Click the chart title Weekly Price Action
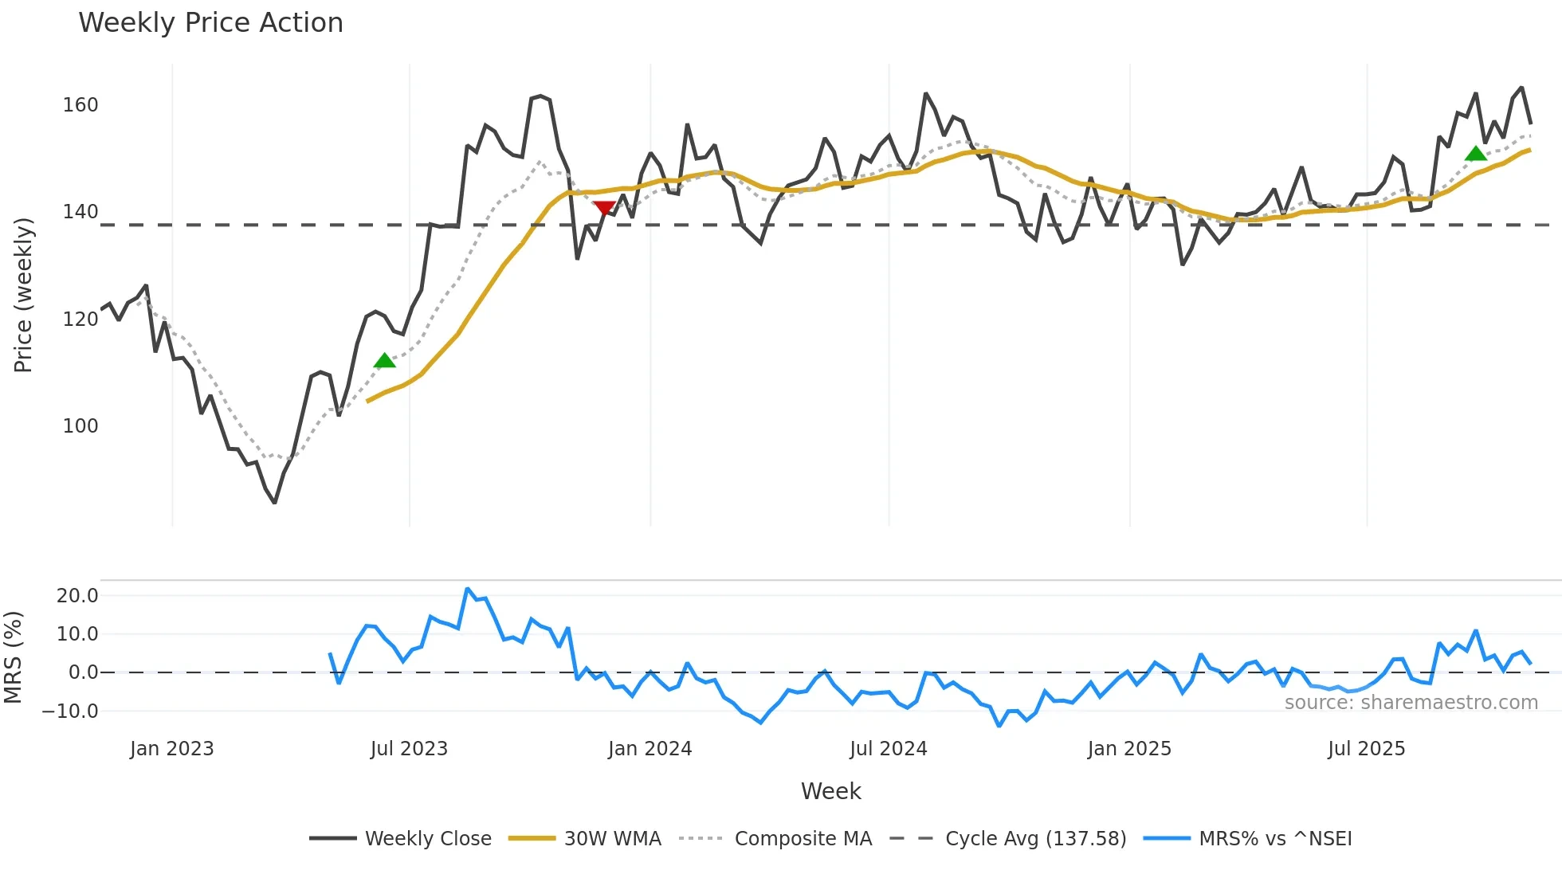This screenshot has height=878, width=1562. pos(210,23)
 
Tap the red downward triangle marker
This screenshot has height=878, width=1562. pos(604,208)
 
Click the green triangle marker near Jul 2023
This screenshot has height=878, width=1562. pos(384,361)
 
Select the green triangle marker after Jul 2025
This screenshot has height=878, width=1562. pos(1475,154)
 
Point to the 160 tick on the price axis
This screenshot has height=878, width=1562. pos(80,105)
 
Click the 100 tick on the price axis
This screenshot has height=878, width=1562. pos(80,426)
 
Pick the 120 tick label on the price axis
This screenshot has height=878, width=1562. pos(80,319)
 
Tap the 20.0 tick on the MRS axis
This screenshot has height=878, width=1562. pos(77,596)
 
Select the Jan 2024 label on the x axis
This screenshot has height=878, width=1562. pos(650,749)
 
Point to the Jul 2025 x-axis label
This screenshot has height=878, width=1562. pos(1366,749)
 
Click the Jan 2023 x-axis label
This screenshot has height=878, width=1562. pos(172,749)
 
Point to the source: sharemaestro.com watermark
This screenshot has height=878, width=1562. pos(1411,703)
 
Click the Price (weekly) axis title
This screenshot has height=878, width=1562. pos(23,295)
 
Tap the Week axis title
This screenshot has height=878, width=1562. pos(830,791)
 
